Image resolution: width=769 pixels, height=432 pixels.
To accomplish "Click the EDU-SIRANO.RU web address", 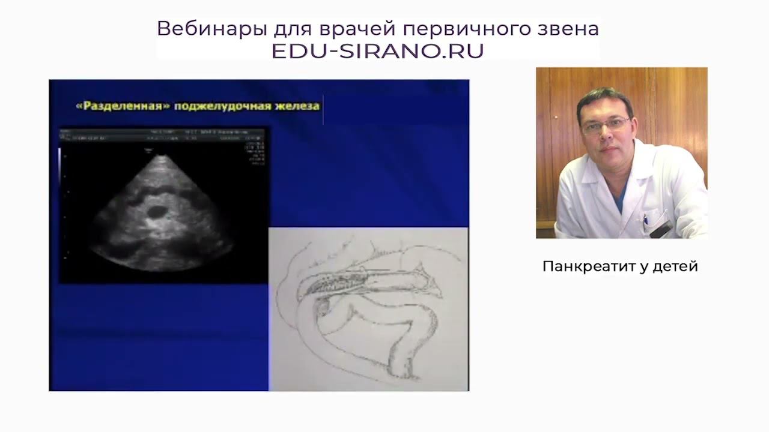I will coord(377,51).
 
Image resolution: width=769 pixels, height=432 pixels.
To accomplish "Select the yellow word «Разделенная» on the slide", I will coord(123,106).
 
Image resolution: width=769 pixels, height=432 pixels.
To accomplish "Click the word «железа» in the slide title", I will coord(299,106).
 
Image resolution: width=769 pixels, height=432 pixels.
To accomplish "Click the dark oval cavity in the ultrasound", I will coord(157,211).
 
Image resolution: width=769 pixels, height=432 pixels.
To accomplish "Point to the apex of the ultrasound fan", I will coord(161,157).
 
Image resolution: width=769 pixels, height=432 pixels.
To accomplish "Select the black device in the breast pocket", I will coord(661,229).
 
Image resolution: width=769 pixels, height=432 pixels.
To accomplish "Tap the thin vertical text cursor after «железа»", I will coord(323,109).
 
